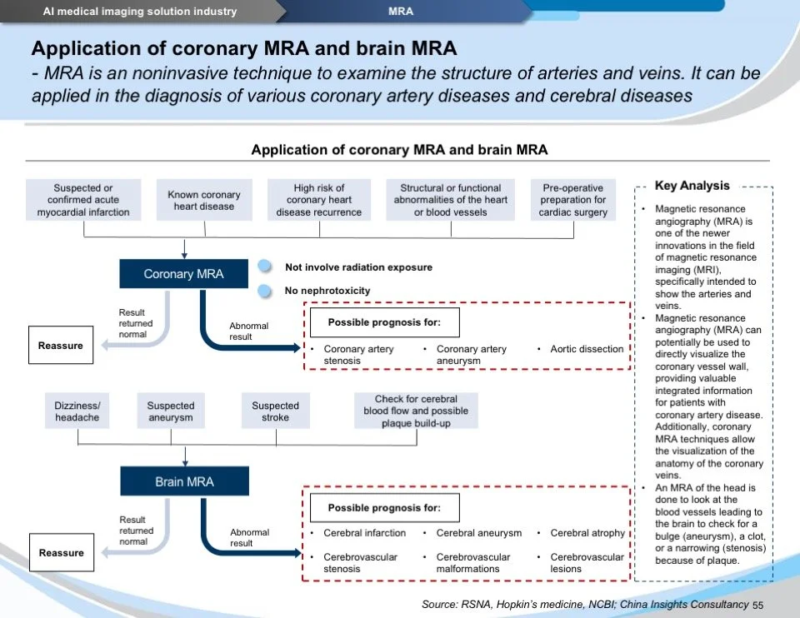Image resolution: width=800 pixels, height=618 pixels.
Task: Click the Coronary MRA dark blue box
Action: point(183,274)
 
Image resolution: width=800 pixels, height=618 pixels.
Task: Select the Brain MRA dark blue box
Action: point(184,481)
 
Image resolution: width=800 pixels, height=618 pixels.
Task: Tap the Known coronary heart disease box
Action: point(204,201)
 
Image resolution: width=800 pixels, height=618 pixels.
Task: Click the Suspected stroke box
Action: point(276,411)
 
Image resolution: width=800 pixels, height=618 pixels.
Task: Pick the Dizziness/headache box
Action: point(77,411)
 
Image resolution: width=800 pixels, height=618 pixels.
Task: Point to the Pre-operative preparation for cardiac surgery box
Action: point(573,200)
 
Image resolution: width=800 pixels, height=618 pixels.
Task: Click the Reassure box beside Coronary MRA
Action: point(61,346)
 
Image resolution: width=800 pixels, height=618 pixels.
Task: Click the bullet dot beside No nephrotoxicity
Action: point(265,291)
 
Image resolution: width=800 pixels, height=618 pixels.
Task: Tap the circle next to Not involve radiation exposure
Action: point(265,267)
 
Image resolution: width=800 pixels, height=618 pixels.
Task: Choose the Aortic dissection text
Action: point(587,349)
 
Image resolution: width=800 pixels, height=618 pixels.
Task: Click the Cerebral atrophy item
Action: point(587,533)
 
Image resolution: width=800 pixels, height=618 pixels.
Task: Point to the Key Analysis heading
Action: point(692,187)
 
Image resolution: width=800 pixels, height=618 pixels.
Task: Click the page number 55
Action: point(757,605)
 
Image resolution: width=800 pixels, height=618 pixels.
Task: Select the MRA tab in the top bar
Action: point(401,12)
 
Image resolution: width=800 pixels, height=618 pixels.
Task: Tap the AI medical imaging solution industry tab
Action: point(140,12)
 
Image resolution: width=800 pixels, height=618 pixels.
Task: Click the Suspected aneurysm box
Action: point(171,411)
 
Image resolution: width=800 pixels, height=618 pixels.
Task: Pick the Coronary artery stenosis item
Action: point(358,355)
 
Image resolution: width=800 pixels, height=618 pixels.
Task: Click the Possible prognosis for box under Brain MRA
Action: point(383,507)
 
